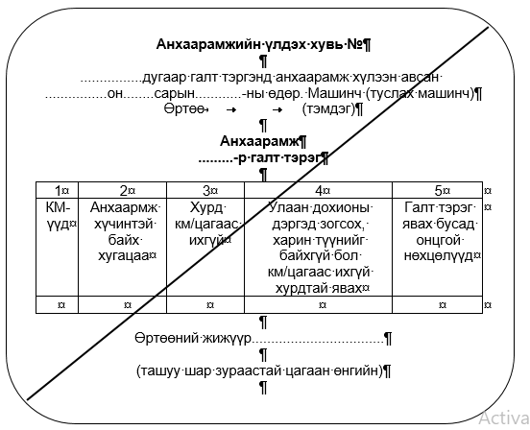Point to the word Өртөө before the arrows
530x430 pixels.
click(x=184, y=109)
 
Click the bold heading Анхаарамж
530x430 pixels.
click(x=259, y=141)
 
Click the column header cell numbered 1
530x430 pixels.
click(x=57, y=190)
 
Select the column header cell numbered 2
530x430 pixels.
click(x=122, y=190)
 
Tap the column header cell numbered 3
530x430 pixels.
click(x=205, y=190)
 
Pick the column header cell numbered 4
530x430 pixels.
click(x=318, y=190)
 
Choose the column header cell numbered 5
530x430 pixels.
click(x=438, y=190)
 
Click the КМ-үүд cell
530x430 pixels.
click(x=57, y=216)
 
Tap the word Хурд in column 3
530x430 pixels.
click(x=205, y=207)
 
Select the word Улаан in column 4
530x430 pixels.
click(x=288, y=207)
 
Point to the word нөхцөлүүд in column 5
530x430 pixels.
click(x=438, y=256)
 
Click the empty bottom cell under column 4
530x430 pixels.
click(x=318, y=305)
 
